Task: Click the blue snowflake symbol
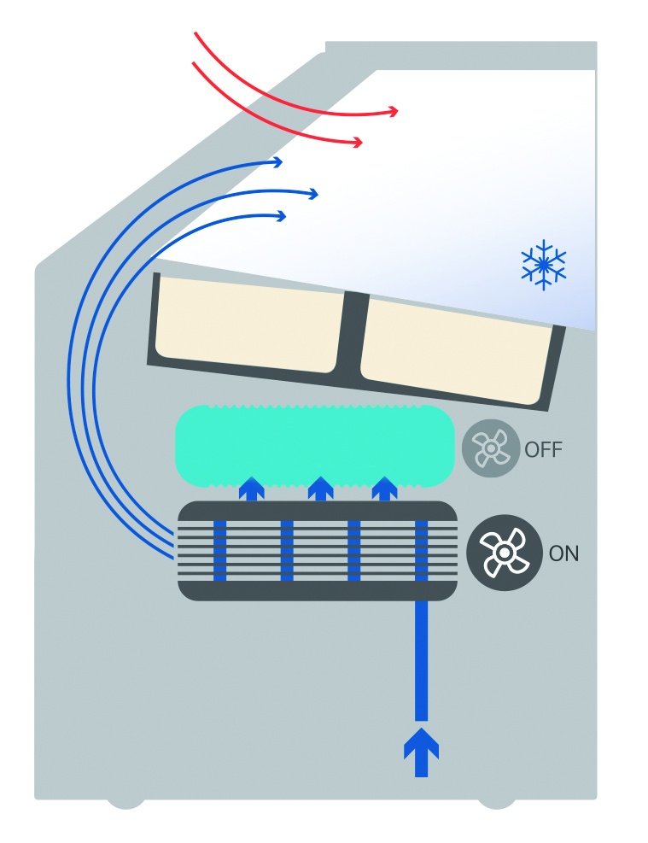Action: coord(544,265)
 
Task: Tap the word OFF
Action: coord(544,449)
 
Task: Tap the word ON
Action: coord(563,553)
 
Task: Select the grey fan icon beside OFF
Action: coord(491,448)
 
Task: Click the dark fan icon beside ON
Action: coord(505,553)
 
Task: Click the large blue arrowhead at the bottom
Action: coord(421,743)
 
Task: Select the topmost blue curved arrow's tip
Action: coord(279,161)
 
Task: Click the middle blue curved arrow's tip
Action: coord(315,194)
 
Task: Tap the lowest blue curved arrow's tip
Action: coord(283,217)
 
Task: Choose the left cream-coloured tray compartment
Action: coord(248,325)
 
